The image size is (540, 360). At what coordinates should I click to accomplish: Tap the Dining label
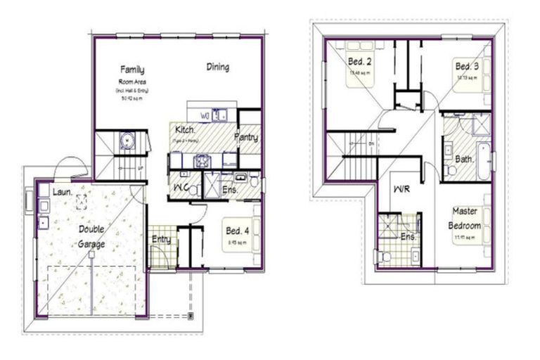pyautogui.click(x=217, y=67)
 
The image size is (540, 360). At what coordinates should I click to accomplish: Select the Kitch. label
pyautogui.click(x=184, y=130)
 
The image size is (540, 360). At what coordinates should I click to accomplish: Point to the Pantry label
pyautogui.click(x=246, y=137)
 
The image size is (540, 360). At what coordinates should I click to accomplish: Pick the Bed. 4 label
pyautogui.click(x=237, y=230)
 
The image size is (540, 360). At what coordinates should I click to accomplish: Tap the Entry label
pyautogui.click(x=161, y=239)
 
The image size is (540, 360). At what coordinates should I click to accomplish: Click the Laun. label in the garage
pyautogui.click(x=60, y=191)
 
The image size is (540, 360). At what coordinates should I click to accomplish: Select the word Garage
pyautogui.click(x=92, y=244)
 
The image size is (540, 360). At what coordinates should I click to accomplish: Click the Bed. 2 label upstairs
pyautogui.click(x=359, y=61)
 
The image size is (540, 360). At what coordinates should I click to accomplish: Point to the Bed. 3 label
pyautogui.click(x=467, y=66)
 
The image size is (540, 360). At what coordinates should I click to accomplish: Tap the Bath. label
pyautogui.click(x=463, y=159)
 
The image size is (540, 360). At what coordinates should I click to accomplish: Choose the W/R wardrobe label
pyautogui.click(x=402, y=190)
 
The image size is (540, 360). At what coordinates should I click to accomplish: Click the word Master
pyautogui.click(x=465, y=211)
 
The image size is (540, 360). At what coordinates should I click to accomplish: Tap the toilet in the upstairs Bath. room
pyautogui.click(x=450, y=169)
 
